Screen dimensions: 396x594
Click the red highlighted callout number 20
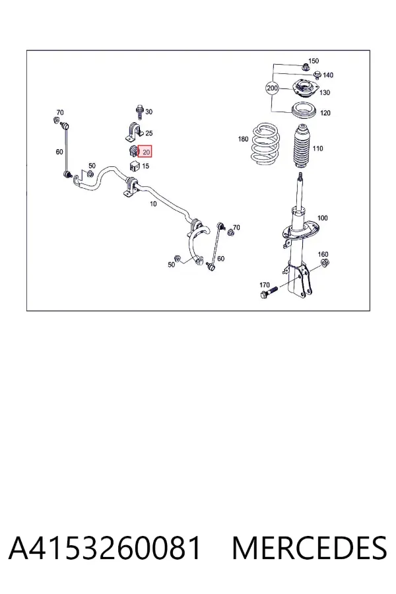point(145,152)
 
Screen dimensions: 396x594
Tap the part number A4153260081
point(104,548)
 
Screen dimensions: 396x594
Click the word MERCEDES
point(310,548)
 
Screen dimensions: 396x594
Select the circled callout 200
point(272,88)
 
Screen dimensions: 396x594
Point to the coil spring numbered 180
point(267,144)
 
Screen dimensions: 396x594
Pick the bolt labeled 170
point(269,292)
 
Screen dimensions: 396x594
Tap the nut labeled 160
point(324,263)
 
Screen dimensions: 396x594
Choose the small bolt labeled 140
point(317,75)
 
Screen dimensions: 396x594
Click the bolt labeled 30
point(139,112)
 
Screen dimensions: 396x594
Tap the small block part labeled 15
point(135,166)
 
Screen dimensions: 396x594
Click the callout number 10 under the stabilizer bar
point(153,203)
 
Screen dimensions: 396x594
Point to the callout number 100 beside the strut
point(323,218)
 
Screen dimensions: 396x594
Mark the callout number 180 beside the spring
point(244,139)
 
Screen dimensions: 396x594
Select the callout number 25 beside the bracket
point(149,133)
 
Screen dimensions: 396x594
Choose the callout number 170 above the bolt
point(265,284)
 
